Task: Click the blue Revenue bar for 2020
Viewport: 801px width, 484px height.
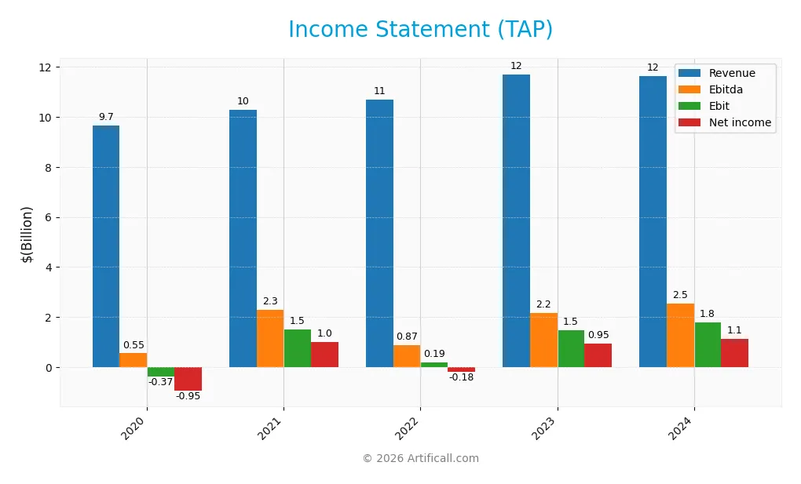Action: (106, 246)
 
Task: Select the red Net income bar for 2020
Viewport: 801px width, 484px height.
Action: (188, 379)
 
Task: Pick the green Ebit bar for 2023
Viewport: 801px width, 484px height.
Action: (571, 348)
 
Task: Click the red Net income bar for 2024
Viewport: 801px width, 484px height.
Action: (734, 353)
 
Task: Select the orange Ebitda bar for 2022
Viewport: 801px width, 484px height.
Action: (407, 356)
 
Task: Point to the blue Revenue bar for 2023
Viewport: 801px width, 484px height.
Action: (516, 220)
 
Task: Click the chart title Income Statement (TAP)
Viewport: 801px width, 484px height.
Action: (420, 30)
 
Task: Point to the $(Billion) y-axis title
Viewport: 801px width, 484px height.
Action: (27, 234)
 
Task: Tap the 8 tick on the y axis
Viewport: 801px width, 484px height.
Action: (48, 168)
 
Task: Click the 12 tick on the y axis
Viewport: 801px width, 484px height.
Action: (46, 67)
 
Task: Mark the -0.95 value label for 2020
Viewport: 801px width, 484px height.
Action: (188, 396)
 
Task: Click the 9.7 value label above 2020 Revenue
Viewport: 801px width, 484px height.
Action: (106, 117)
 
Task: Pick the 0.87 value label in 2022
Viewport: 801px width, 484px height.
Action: (407, 337)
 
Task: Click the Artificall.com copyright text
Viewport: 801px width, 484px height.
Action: (420, 459)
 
